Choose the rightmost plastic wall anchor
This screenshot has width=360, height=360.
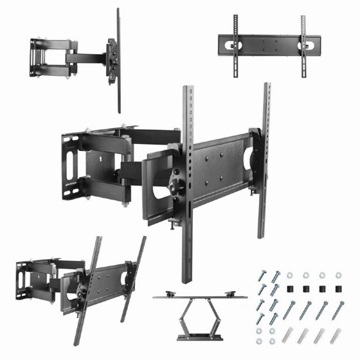pos(336,336)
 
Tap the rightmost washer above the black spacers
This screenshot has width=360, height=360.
pos(336,274)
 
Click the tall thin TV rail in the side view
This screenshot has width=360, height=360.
pos(118,58)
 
